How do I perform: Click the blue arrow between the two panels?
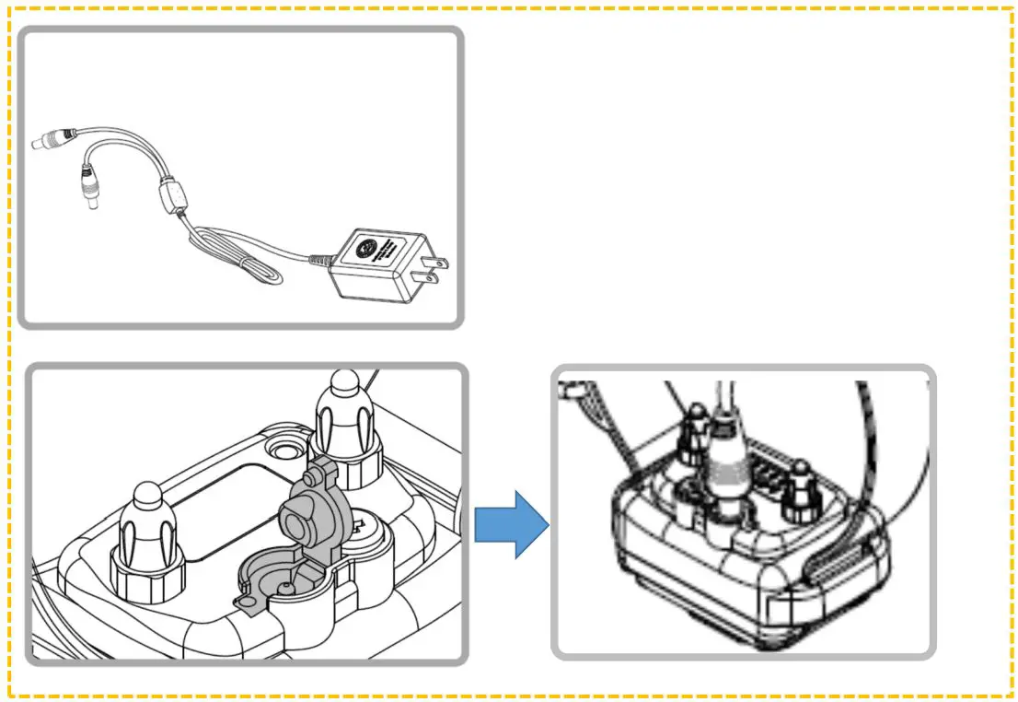pos(511,524)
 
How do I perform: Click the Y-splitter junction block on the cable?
pos(168,197)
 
